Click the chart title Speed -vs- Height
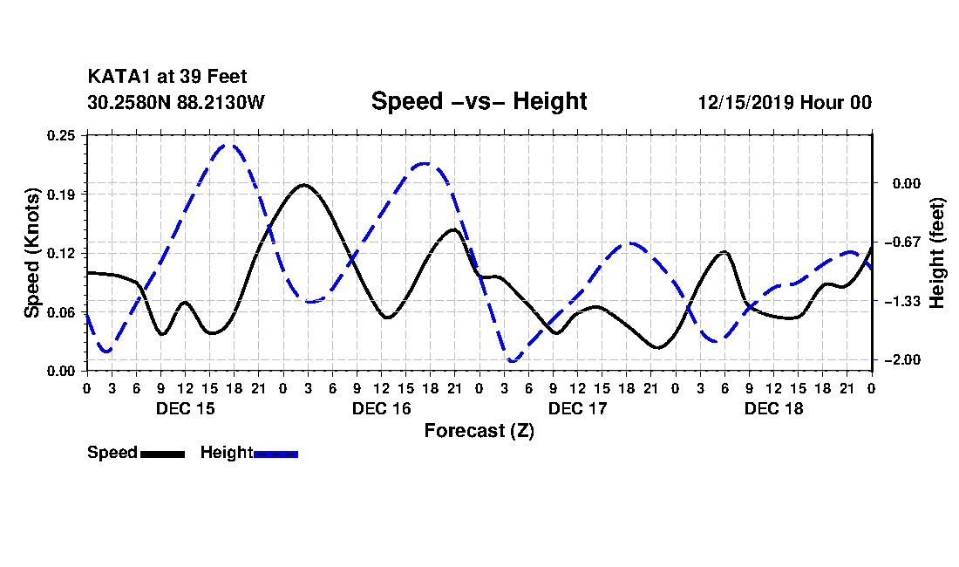click(x=479, y=101)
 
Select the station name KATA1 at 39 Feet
click(x=167, y=77)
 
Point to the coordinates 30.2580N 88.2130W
click(x=176, y=102)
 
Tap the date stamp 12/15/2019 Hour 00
click(x=785, y=102)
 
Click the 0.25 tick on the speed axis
click(x=61, y=135)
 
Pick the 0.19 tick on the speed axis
click(x=61, y=195)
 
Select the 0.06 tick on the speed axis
click(x=61, y=312)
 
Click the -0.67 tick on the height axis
click(x=902, y=243)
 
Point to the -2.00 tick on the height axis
click(x=902, y=359)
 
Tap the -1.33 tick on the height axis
click(x=902, y=301)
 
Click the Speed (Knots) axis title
click(x=31, y=253)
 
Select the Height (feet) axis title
click(x=936, y=253)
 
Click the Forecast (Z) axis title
click(x=479, y=431)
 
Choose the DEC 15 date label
click(x=186, y=408)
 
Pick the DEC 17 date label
click(x=577, y=408)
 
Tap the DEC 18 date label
click(x=773, y=408)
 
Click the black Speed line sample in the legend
click(x=163, y=454)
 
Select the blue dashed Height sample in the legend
click(x=275, y=454)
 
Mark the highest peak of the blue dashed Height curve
click(x=229, y=145)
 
